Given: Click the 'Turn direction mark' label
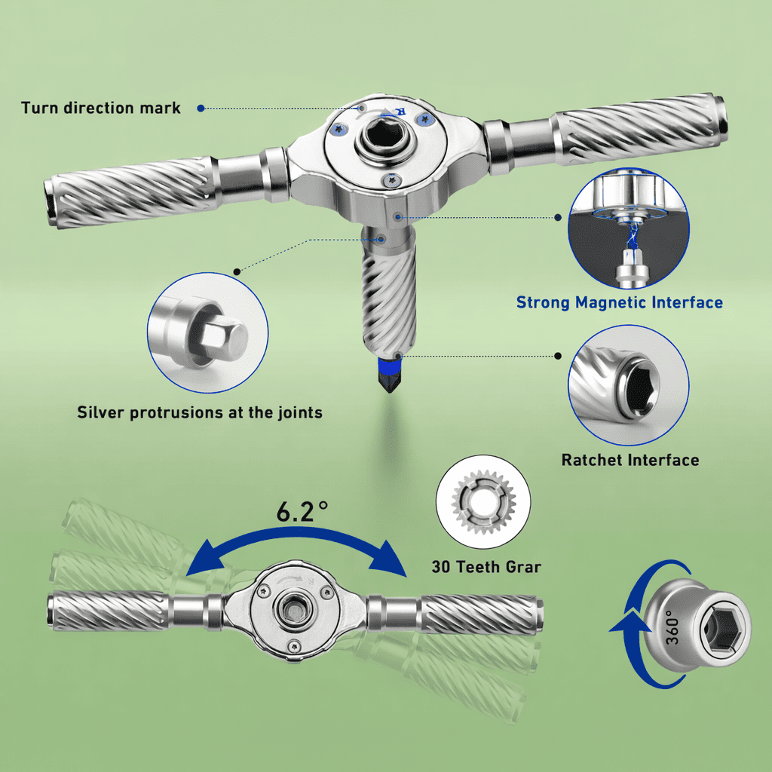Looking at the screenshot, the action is [x=100, y=108].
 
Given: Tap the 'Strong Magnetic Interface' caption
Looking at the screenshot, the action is [x=620, y=302].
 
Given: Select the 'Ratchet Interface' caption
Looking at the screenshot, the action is [x=630, y=460].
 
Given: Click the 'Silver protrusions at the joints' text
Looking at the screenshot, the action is [x=199, y=412].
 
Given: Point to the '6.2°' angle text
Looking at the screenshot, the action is [x=302, y=512].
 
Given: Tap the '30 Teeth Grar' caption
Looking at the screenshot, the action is [x=486, y=567].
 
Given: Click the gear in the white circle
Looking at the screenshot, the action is [x=483, y=502].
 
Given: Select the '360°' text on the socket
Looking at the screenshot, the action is [x=672, y=626].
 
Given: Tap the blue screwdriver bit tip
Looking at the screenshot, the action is [x=389, y=375].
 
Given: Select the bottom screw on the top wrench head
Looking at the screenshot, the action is [x=392, y=181].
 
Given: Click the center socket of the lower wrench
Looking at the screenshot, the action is [x=295, y=611].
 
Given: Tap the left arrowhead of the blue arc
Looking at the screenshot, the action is [x=202, y=559].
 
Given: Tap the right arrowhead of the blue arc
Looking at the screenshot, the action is [x=389, y=559].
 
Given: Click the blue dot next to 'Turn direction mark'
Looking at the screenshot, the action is [x=201, y=109].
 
